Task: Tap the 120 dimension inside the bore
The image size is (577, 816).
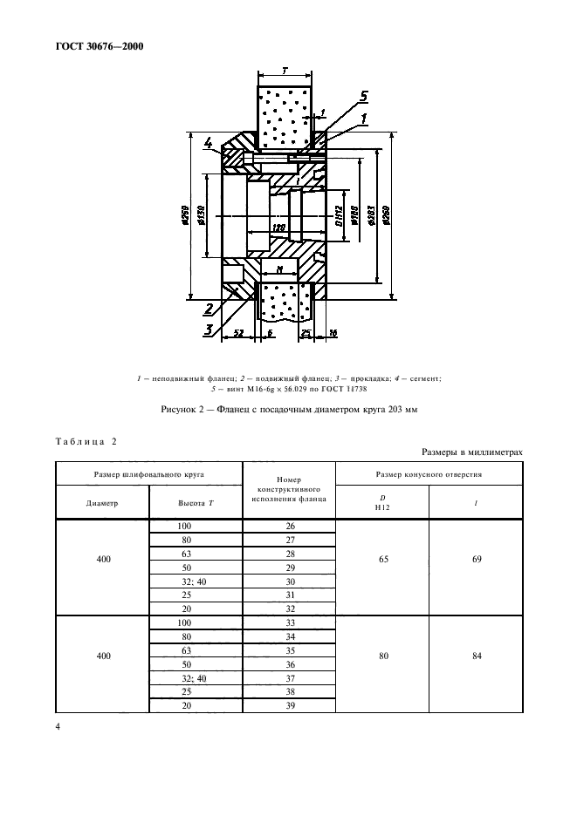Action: click(278, 228)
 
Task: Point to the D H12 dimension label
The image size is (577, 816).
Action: click(337, 214)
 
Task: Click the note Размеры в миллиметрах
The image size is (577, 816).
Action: click(471, 452)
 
